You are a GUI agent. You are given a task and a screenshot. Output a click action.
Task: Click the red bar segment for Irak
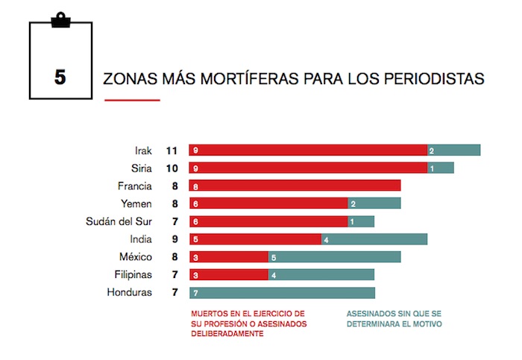click(308, 151)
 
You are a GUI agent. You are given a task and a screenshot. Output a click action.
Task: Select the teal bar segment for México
click(334, 257)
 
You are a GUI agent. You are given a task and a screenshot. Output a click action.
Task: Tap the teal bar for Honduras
click(282, 293)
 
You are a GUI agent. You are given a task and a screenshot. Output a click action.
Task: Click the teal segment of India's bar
click(374, 239)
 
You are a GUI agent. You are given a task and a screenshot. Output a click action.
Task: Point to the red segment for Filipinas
click(228, 275)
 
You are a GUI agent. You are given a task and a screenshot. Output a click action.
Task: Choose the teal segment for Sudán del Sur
click(361, 221)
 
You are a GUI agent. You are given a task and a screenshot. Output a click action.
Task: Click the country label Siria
click(141, 168)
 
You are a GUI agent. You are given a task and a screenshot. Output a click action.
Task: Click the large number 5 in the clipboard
click(60, 78)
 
